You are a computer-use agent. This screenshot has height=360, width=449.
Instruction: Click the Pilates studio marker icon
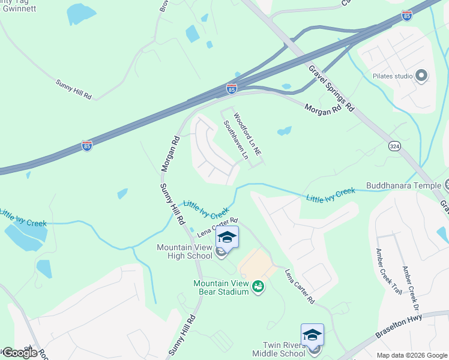pyautogui.click(x=421, y=76)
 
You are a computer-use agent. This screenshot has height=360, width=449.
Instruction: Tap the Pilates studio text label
pyautogui.click(x=393, y=76)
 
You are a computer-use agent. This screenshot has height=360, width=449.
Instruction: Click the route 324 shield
pyautogui.click(x=394, y=146)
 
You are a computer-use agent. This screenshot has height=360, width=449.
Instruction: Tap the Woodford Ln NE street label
pyautogui.click(x=247, y=135)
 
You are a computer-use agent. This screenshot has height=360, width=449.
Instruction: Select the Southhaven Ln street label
pyautogui.click(x=236, y=139)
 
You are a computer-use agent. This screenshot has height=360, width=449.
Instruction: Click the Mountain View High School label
pyautogui.click(x=184, y=251)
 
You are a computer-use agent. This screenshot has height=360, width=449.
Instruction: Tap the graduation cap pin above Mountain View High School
pyautogui.click(x=228, y=238)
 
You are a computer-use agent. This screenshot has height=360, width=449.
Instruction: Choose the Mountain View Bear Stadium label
pyautogui.click(x=220, y=287)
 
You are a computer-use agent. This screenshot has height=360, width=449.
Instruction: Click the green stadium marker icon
pyautogui.click(x=259, y=287)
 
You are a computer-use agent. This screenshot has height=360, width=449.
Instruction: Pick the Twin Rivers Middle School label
pyautogui.click(x=285, y=349)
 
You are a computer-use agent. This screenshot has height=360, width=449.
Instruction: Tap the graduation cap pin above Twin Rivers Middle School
pyautogui.click(x=312, y=335)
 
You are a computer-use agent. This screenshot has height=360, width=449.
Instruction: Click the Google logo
pyautogui.click(x=19, y=353)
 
